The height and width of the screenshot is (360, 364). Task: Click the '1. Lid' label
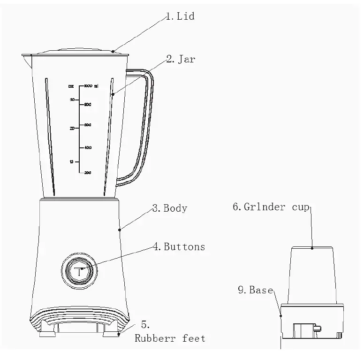click(x=180, y=16)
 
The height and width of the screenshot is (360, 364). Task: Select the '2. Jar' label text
click(x=181, y=59)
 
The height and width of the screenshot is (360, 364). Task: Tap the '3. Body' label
click(x=169, y=208)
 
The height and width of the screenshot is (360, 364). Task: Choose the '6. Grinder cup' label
click(x=271, y=207)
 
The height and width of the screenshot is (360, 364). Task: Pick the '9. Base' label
click(x=255, y=290)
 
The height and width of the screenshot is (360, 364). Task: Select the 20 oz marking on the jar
click(x=72, y=128)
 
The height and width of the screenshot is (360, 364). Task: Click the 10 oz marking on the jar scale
click(x=72, y=162)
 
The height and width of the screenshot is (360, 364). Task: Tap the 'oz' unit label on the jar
click(x=71, y=86)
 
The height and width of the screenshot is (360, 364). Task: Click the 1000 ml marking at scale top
click(x=90, y=86)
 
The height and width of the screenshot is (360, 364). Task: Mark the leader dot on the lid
click(x=113, y=51)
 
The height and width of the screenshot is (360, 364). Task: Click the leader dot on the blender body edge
click(x=120, y=230)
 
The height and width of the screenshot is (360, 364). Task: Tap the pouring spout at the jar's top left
click(x=26, y=57)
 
